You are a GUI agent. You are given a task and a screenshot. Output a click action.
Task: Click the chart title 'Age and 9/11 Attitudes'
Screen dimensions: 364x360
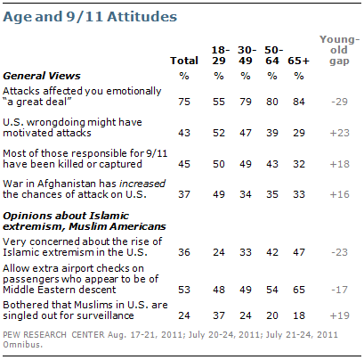pos(90,17)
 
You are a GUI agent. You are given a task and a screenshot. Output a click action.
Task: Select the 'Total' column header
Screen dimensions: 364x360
pos(184,61)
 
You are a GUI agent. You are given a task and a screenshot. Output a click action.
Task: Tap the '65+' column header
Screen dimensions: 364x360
pos(298,61)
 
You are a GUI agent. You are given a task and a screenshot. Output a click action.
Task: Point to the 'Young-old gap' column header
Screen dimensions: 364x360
pos(339,50)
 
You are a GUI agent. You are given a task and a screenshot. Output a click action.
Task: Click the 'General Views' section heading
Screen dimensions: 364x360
pos(42,76)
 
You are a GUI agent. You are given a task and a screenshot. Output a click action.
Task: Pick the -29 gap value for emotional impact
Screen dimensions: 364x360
pos(339,102)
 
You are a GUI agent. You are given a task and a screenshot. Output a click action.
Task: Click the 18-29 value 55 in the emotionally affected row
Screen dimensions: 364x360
pos(219,102)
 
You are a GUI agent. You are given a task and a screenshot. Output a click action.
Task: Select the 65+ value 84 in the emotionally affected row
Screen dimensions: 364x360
pos(299,102)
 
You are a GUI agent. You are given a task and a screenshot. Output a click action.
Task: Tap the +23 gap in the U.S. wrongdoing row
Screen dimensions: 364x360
pos(339,133)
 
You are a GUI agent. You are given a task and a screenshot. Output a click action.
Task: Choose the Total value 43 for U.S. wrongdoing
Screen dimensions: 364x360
pos(184,133)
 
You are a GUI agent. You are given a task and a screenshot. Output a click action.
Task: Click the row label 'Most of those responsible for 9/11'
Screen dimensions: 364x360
pos(85,153)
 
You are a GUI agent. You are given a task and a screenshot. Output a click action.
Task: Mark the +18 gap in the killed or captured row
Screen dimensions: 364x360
pos(339,164)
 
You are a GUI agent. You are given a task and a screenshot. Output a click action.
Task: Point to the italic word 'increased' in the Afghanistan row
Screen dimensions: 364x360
pos(142,184)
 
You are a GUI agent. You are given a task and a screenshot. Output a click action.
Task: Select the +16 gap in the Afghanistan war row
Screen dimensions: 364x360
pos(339,194)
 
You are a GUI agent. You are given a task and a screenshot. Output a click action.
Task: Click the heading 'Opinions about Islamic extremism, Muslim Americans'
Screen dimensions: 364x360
pos(85,221)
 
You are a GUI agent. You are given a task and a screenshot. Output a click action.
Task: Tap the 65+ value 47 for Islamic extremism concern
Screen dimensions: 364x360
pos(299,252)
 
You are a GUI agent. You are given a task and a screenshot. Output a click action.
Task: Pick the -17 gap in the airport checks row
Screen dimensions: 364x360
pos(339,290)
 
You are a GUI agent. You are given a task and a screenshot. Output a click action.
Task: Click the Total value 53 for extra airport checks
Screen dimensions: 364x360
pos(184,290)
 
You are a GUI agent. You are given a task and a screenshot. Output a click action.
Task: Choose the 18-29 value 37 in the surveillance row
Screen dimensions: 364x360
pos(219,315)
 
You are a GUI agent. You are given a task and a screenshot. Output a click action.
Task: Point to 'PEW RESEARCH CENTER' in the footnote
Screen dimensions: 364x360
pos(53,335)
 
